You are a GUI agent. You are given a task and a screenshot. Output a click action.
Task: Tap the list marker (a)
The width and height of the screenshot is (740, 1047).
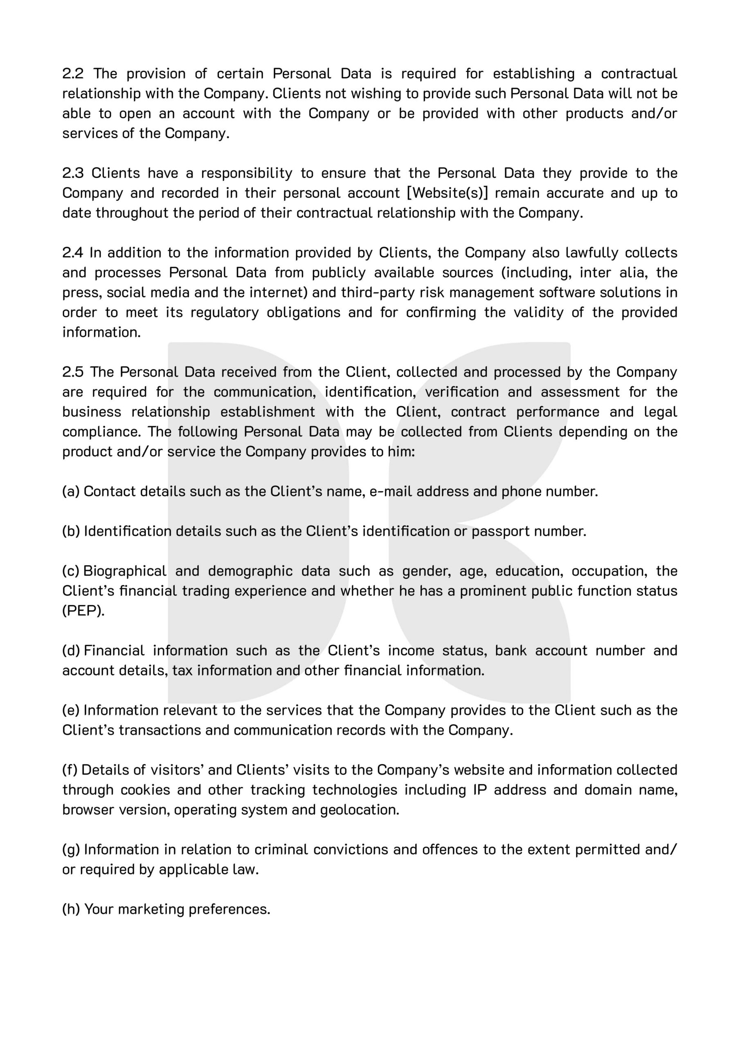pos(71,492)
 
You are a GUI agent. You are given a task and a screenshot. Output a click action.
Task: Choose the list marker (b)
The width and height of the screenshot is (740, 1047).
pos(71,531)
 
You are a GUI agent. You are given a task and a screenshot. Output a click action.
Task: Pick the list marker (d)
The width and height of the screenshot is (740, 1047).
pos(71,651)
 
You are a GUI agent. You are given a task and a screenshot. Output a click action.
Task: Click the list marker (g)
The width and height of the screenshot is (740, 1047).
pos(71,849)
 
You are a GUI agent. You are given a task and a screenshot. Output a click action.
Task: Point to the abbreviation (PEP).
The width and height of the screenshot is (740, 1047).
pos(83,611)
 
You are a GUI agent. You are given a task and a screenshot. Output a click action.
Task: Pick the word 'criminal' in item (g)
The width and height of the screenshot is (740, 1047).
pos(280,849)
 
